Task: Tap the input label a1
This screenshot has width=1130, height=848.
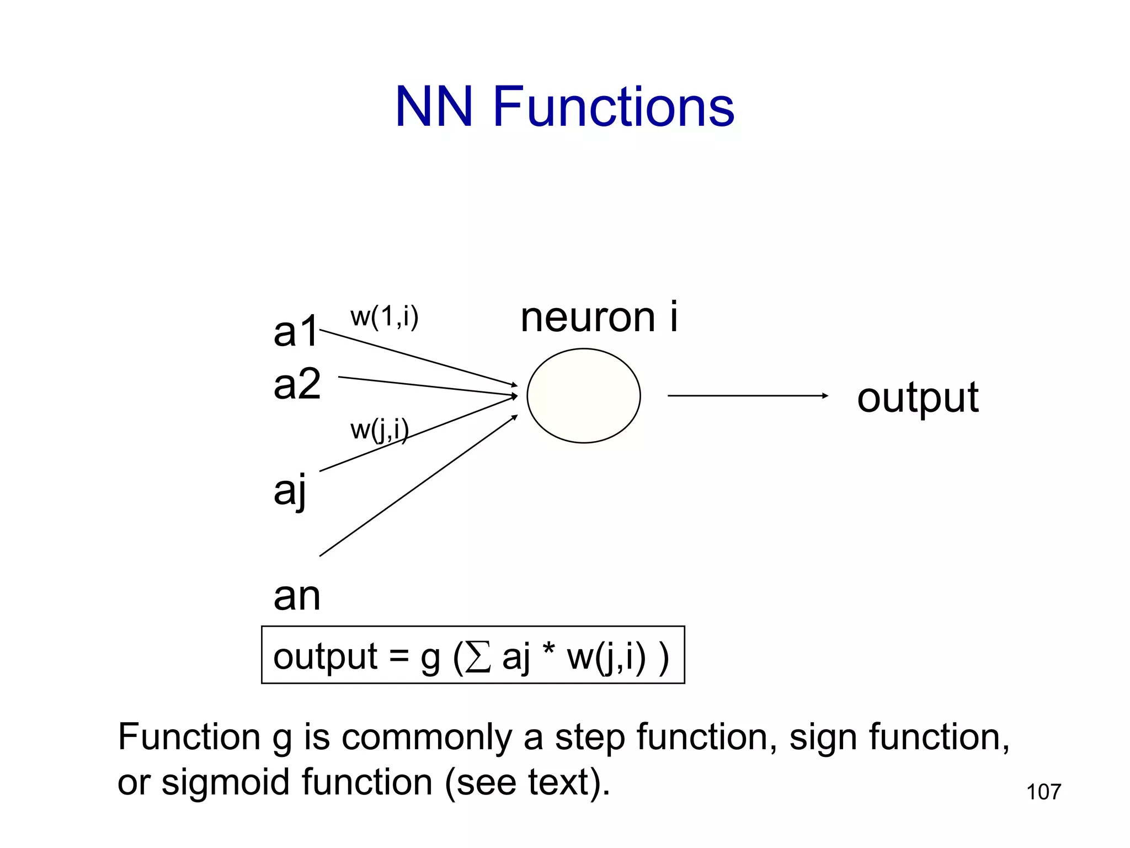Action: point(296,332)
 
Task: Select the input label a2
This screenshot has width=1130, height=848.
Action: point(297,384)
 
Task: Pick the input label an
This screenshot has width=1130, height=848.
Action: point(297,596)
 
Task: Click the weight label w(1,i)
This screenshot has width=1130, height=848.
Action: point(385,317)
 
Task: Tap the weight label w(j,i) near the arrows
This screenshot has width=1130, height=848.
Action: point(380,430)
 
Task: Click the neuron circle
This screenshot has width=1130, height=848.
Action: point(583,395)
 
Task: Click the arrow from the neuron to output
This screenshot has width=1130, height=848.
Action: point(747,395)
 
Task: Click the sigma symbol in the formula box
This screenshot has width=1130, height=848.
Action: point(478,658)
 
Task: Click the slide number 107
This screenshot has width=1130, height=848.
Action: point(1043,792)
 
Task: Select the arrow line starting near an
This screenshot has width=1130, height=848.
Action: point(418,486)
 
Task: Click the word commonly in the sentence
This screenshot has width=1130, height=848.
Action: point(427,739)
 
